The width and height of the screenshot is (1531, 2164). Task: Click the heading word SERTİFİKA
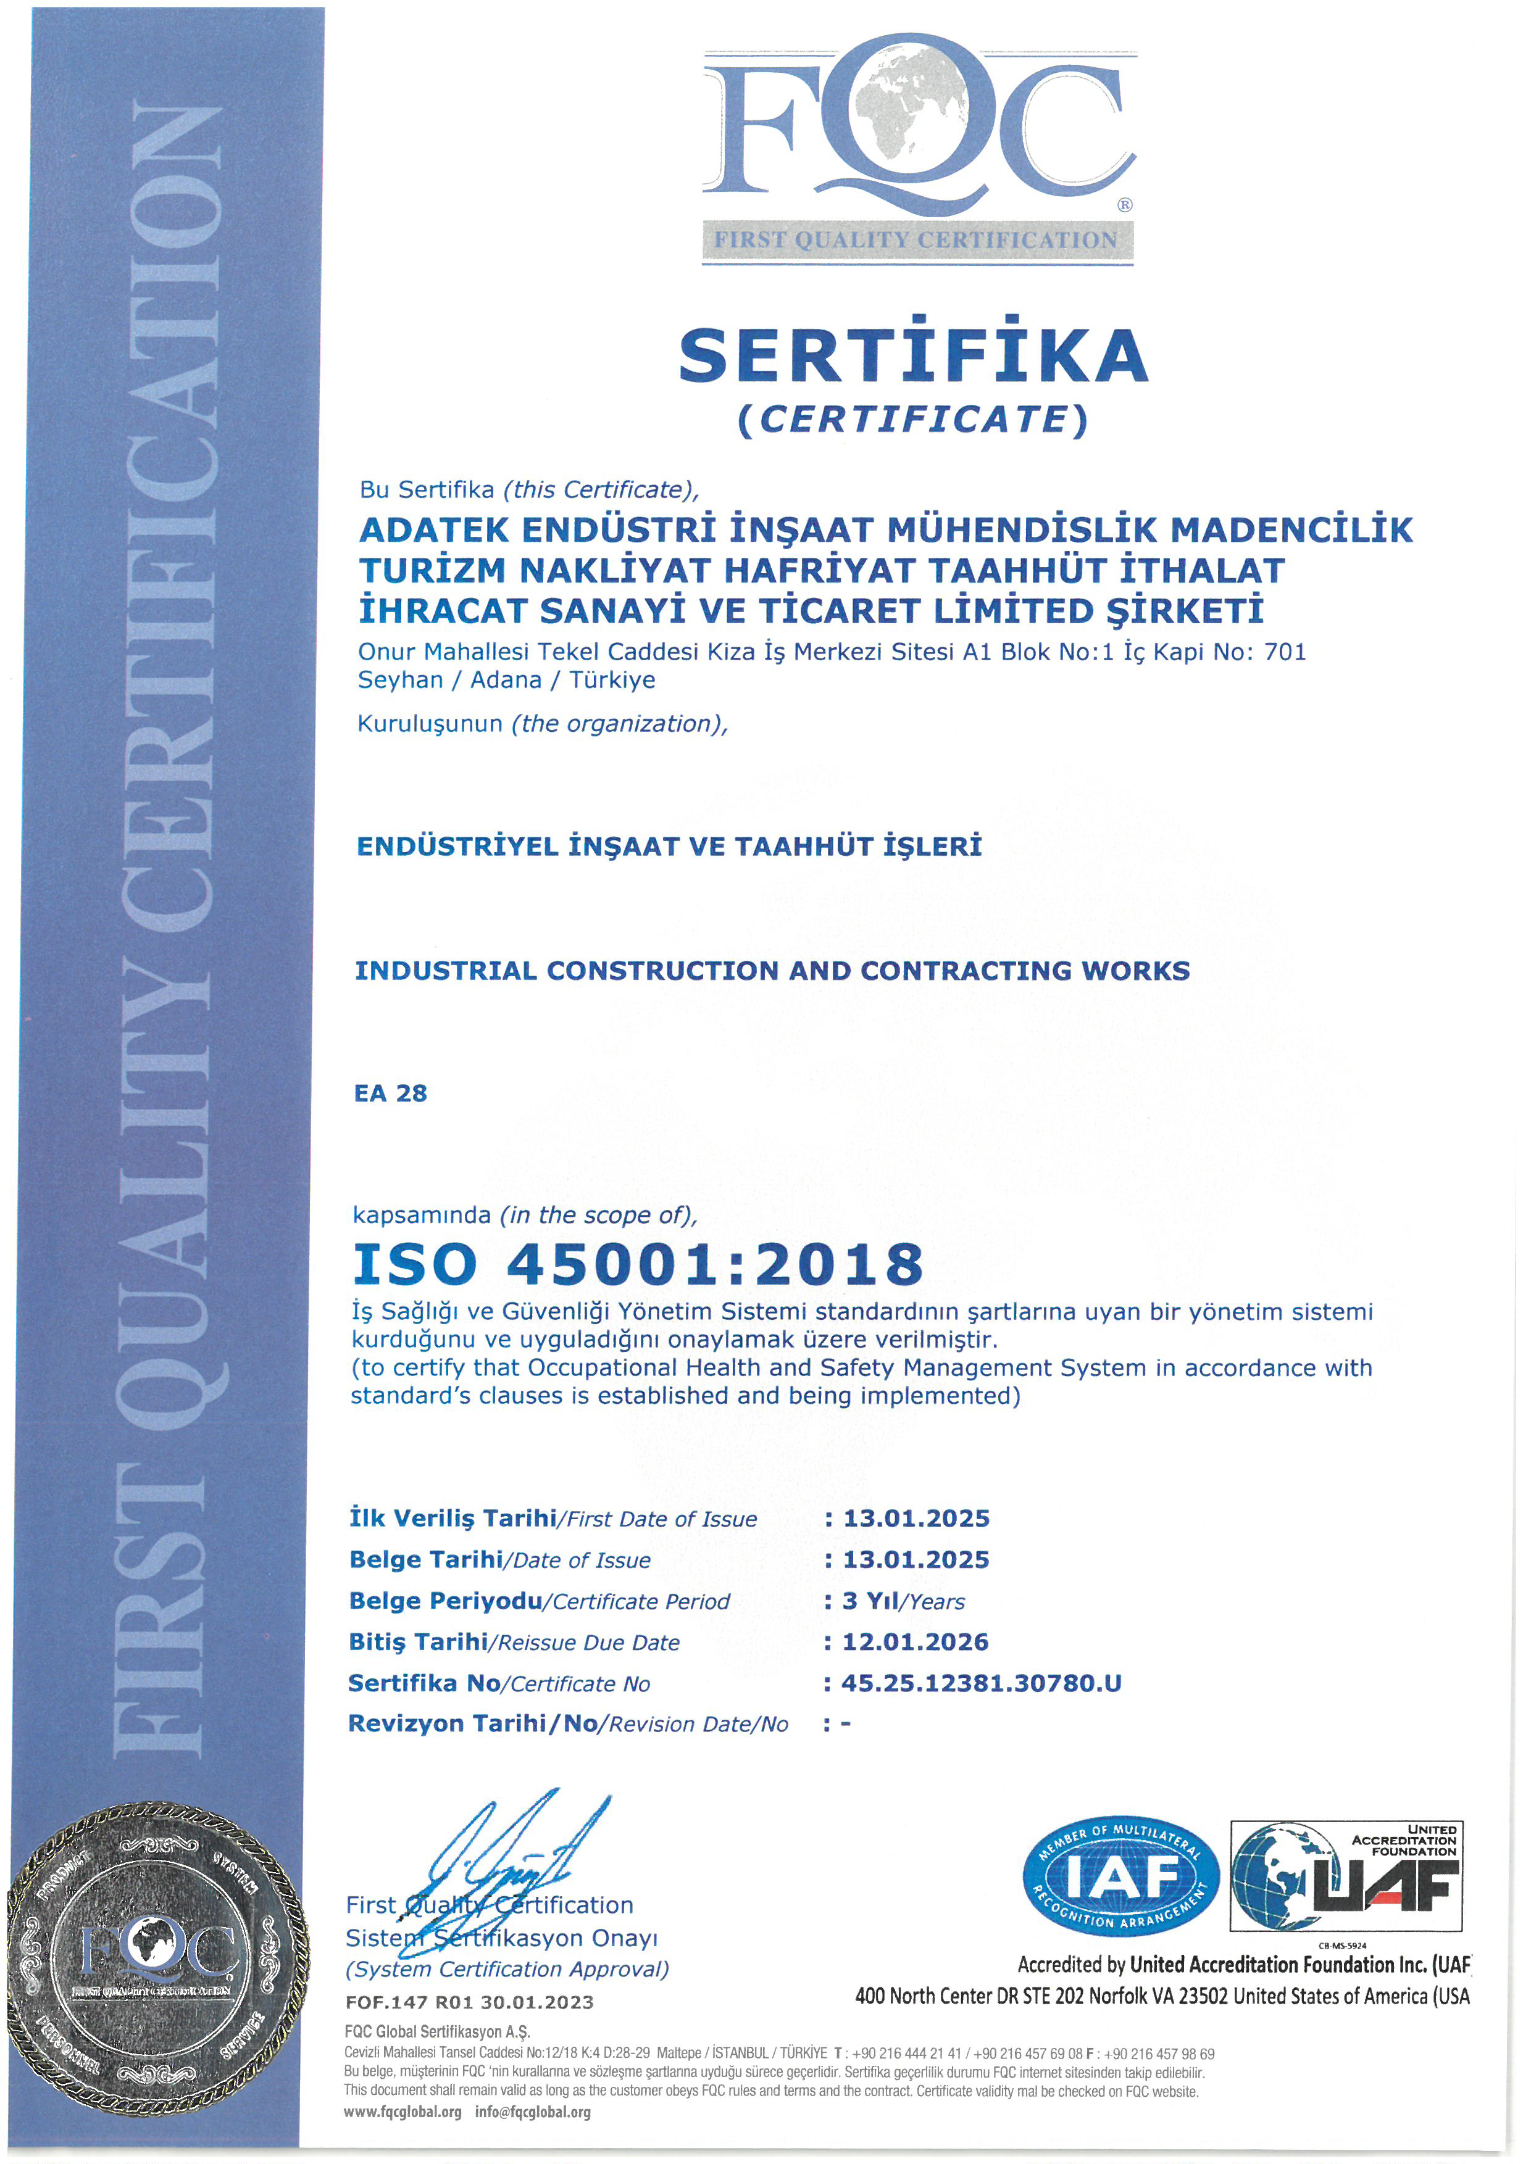912,355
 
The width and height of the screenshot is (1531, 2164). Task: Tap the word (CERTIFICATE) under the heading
912,420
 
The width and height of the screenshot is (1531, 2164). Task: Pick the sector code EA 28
390,1093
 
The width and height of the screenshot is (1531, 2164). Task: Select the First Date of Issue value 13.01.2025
916,1519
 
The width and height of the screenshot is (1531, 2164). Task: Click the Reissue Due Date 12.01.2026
914,1642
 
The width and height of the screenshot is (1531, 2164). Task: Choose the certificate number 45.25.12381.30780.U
980,1683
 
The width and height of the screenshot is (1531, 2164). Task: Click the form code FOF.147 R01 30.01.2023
469,2002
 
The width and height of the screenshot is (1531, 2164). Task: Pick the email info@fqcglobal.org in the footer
533,2112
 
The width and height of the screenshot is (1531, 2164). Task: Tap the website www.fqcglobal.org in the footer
403,2112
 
